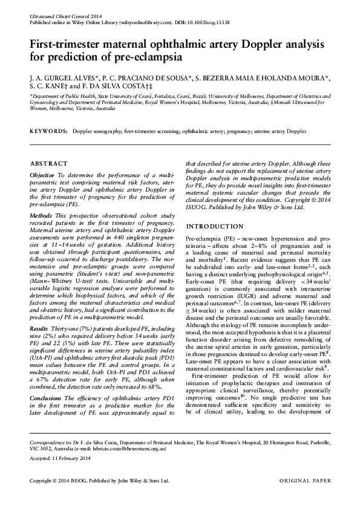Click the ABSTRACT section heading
(x=45, y=163)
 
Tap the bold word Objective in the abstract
(x=42, y=174)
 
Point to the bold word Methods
(x=41, y=215)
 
